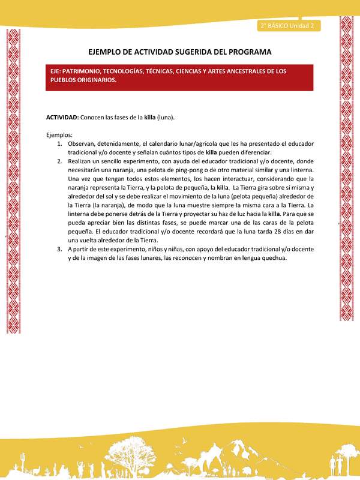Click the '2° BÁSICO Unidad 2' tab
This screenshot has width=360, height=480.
289,26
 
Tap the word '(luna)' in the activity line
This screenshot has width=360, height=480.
166,117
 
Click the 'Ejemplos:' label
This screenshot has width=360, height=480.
59,135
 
